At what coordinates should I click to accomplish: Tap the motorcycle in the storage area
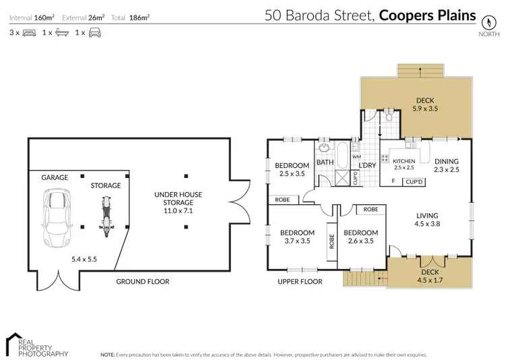click(104, 216)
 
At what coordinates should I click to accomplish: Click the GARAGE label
click(55, 177)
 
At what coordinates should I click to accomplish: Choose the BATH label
click(325, 162)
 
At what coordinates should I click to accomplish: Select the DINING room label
click(446, 161)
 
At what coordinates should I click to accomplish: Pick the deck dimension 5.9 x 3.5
click(426, 108)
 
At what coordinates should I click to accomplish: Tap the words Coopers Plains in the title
click(427, 15)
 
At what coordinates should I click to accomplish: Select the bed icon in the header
click(29, 32)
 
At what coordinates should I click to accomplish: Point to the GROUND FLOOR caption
click(142, 281)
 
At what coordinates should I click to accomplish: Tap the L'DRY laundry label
click(367, 165)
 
